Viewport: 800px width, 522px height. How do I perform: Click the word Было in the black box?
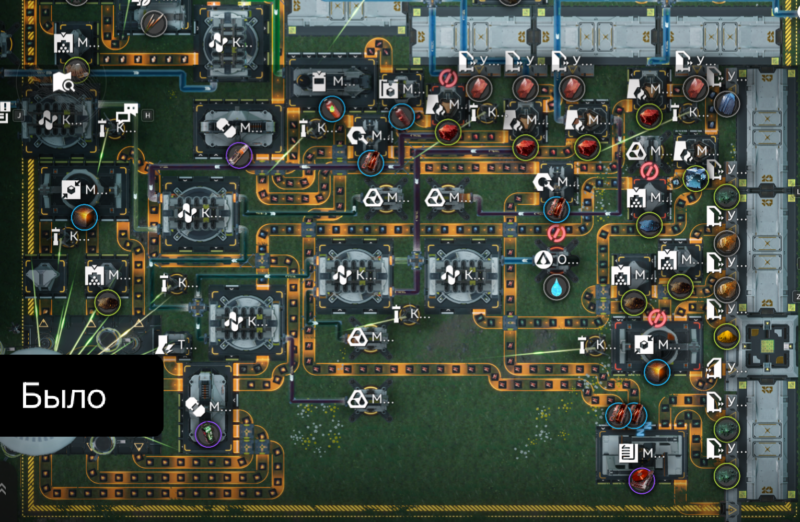point(63,396)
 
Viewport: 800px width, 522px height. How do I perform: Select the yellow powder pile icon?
point(726,337)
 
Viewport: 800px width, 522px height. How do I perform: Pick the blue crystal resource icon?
point(726,103)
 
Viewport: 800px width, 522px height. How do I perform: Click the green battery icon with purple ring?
point(208,434)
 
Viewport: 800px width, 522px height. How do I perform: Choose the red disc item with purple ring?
point(642,480)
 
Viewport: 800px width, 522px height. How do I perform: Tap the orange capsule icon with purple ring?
point(239,155)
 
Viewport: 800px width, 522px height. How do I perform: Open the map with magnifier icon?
point(63,82)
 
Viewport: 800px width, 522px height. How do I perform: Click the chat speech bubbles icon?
point(127,112)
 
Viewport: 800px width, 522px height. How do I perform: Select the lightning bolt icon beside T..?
point(167,345)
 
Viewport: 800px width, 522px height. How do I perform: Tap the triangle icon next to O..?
point(543,259)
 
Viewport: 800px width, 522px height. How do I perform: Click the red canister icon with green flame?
point(332,109)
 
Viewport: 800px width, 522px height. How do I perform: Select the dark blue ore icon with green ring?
point(650,226)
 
